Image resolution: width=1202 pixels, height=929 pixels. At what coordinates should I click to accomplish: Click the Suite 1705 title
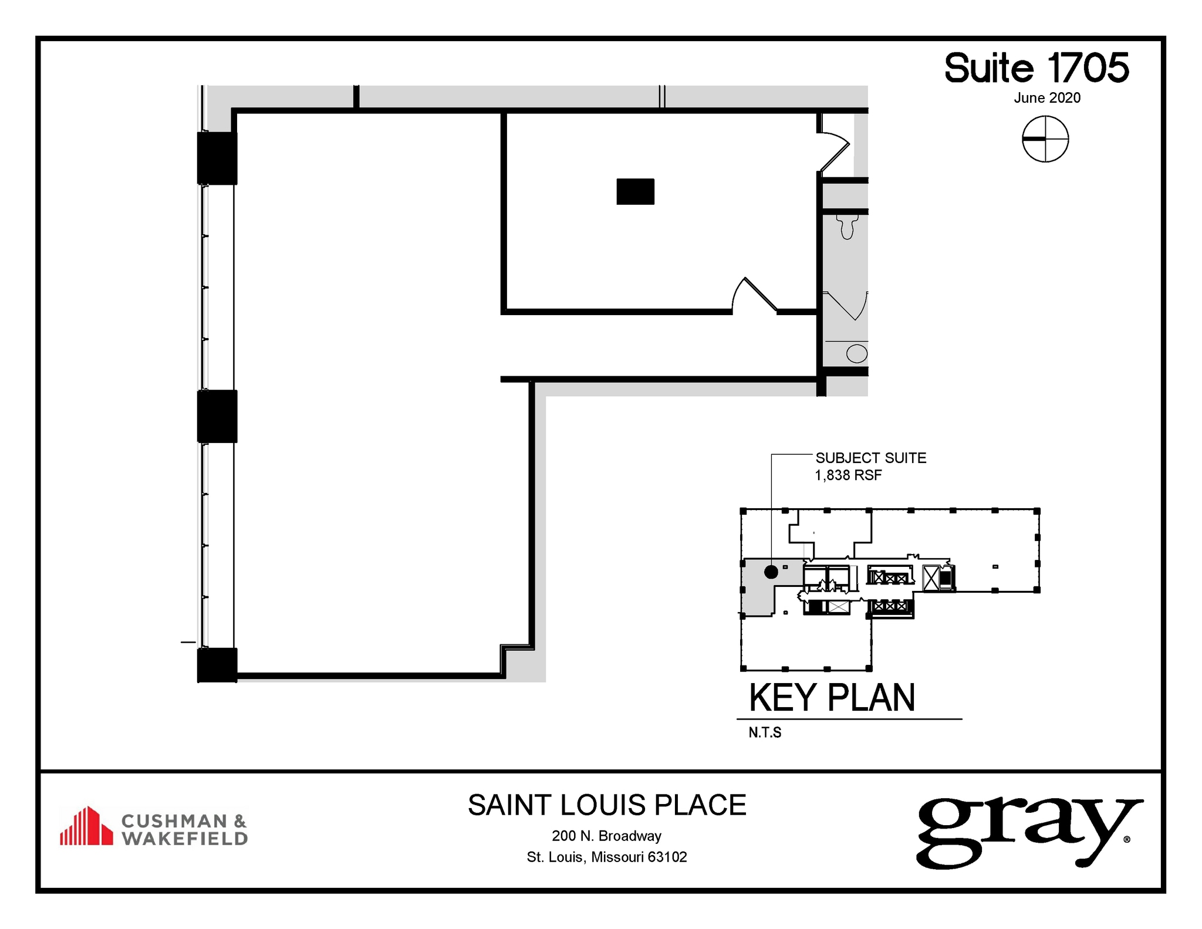coord(1036,68)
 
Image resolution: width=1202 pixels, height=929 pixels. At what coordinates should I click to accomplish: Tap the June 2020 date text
coord(1046,98)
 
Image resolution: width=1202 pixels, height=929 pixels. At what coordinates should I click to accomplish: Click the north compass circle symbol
coord(1045,139)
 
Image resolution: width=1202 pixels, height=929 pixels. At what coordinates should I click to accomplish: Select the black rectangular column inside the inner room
coord(635,191)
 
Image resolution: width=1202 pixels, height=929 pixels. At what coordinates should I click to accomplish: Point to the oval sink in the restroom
coord(856,354)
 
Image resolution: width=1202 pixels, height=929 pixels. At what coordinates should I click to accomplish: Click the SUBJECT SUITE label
coord(870,458)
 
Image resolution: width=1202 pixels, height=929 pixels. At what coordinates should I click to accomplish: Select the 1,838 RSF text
coord(848,475)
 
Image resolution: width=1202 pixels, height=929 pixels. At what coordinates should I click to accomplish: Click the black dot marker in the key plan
coord(771,572)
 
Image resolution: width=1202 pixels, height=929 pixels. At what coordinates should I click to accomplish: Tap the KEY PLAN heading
coord(832,698)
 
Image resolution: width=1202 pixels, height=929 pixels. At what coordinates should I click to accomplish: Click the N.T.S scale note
coord(764,732)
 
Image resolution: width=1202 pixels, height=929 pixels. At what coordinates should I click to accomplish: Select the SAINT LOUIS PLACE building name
coord(607,805)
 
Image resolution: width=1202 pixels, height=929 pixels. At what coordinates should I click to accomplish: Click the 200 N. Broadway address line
coord(606,836)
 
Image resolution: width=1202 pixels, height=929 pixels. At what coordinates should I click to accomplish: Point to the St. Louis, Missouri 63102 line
coord(606,857)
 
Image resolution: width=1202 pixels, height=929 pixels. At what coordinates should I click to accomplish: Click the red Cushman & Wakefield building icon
coord(86,826)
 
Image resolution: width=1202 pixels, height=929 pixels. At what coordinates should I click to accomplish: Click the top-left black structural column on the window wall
coord(217,158)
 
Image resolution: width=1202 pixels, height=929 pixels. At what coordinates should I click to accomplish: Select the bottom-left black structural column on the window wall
coord(217,665)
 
